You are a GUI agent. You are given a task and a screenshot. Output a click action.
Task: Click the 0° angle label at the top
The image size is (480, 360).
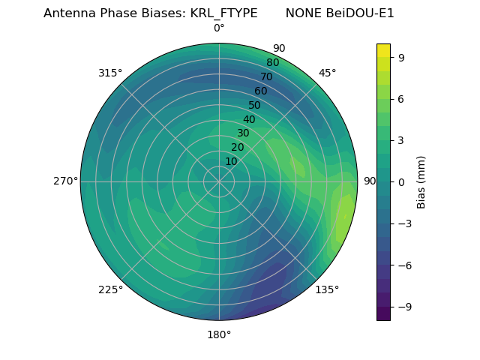(219, 28)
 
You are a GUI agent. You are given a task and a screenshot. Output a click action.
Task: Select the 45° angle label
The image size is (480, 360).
(327, 73)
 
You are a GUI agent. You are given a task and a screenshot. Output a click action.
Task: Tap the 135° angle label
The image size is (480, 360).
(327, 289)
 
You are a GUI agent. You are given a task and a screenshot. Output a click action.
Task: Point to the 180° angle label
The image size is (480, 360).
(219, 334)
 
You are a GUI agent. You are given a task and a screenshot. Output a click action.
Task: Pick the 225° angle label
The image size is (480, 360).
(110, 289)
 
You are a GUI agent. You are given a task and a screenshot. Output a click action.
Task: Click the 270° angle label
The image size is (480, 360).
(65, 181)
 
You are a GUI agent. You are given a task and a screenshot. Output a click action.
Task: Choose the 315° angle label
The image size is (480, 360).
(110, 73)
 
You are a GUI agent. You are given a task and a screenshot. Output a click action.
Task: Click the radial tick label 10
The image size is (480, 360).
(232, 161)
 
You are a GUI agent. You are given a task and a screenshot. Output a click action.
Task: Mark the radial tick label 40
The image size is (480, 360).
(249, 120)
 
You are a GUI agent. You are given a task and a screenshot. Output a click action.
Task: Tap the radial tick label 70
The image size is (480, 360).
(266, 77)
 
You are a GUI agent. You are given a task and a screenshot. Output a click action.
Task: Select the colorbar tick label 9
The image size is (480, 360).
(401, 57)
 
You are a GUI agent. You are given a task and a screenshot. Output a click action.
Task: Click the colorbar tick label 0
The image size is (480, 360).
(401, 181)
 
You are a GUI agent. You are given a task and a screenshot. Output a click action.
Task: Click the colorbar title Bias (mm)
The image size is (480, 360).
(421, 181)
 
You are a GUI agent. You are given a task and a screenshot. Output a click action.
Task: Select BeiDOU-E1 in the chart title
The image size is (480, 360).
(359, 13)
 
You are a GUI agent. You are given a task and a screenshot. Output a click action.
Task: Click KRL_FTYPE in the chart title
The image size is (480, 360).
(226, 13)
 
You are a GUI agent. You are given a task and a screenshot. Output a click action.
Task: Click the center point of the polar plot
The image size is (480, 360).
(219, 181)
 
